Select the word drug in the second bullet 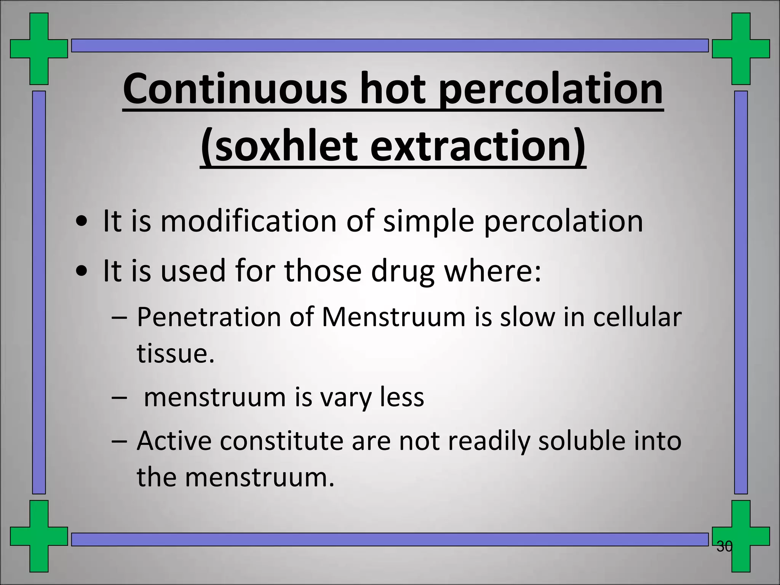(x=403, y=271)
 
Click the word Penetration (x=209, y=317)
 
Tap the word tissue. (x=176, y=353)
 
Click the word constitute (x=282, y=441)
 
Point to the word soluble (x=582, y=441)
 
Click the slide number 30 (x=724, y=547)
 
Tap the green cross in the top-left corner (x=39, y=49)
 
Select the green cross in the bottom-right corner (x=741, y=536)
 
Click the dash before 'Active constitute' (x=119, y=441)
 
